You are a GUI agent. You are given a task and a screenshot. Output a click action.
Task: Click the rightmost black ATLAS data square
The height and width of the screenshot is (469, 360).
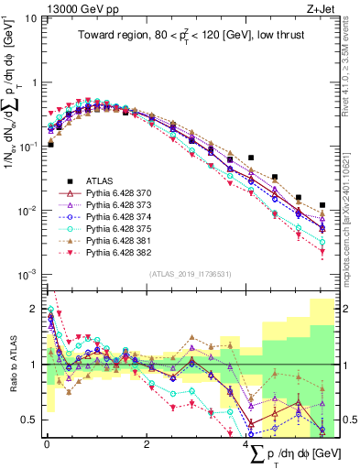(322, 205)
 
